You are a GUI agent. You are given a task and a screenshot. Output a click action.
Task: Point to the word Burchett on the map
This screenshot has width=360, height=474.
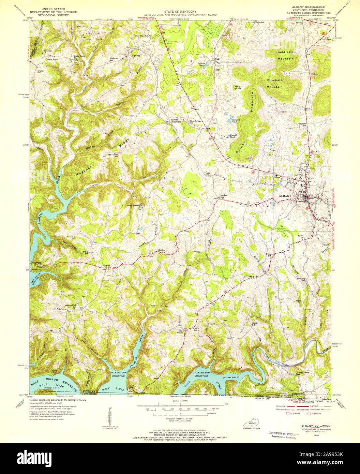(x=274, y=81)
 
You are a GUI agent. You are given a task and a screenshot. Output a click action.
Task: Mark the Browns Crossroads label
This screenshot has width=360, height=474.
(x=176, y=121)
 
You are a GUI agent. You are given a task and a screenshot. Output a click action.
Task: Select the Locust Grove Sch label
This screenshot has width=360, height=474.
(x=303, y=373)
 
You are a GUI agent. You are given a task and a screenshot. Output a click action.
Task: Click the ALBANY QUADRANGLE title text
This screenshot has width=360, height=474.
(x=306, y=7)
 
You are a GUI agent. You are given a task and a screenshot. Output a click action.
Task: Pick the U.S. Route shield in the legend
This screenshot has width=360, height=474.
(x=287, y=414)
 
